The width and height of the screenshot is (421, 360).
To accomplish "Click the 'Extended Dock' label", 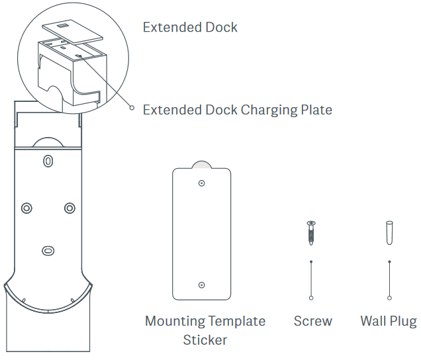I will click(190, 27).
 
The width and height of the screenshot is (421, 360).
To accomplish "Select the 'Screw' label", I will click(312, 322).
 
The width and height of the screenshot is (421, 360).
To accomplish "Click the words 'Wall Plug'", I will click(388, 322).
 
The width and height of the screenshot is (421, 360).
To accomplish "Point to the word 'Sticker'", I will click(205, 340).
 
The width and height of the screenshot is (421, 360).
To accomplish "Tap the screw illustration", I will click(311, 232).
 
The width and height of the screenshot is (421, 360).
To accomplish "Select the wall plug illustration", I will click(389, 232).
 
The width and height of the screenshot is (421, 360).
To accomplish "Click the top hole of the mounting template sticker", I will click(202, 182).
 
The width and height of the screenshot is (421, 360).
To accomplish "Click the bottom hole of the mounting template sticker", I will click(202, 285).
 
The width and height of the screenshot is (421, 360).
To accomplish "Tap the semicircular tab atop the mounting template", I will click(202, 163).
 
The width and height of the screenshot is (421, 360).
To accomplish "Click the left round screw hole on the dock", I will click(26, 208).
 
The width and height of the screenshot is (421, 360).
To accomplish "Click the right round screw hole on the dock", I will click(69, 208).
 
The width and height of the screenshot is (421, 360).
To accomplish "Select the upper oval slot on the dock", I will click(48, 161).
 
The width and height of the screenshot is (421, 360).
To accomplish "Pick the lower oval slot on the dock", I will click(48, 251).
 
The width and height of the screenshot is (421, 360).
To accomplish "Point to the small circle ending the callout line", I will click(132, 108).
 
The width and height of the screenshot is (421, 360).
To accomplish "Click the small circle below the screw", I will click(311, 296).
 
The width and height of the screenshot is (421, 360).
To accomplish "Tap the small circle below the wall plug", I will click(389, 296).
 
